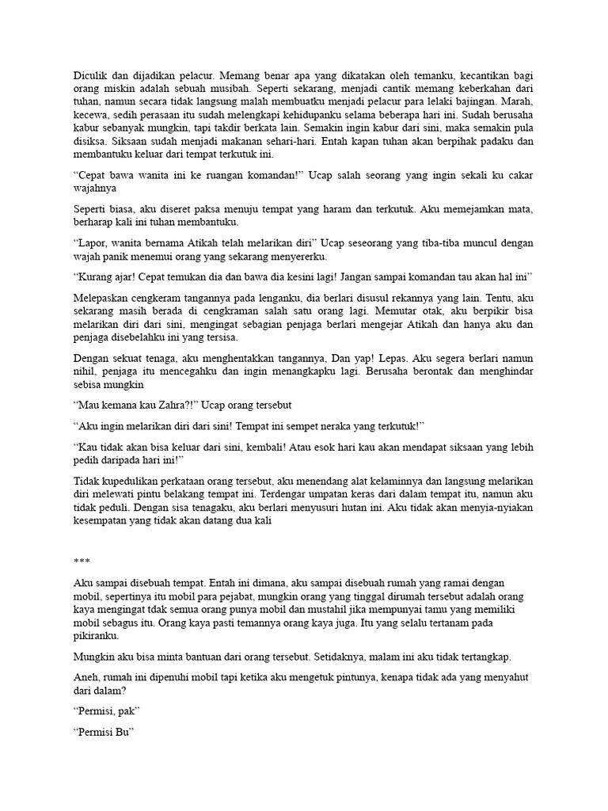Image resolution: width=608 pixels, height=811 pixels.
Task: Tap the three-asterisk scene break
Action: tap(82, 562)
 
